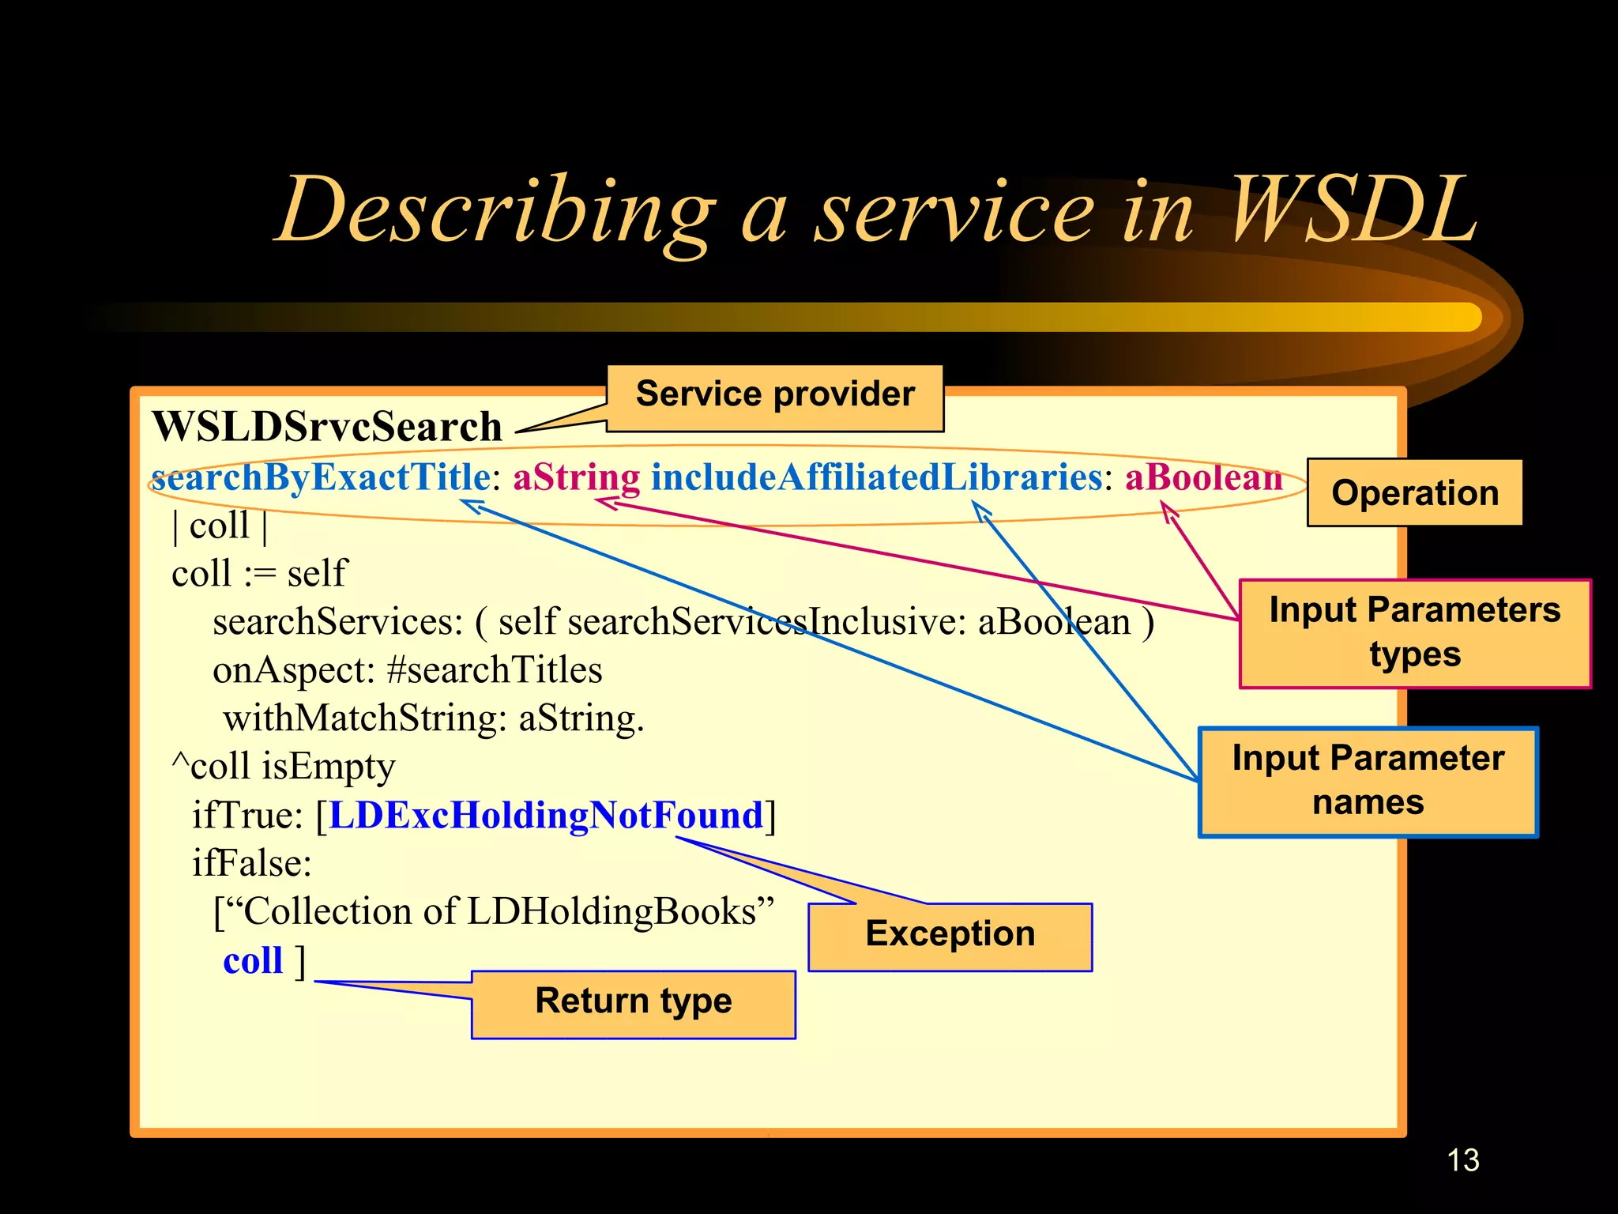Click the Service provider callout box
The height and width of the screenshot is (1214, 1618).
(x=774, y=398)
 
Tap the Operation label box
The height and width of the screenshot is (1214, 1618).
(x=1414, y=493)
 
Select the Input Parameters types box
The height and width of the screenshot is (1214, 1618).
(x=1414, y=633)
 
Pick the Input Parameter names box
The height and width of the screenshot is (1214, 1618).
(x=1368, y=781)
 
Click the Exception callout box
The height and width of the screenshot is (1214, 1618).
(x=950, y=936)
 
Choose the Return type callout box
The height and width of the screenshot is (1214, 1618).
(x=633, y=1002)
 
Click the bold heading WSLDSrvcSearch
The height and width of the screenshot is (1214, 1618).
(x=327, y=428)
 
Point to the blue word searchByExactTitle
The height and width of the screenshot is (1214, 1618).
(x=321, y=477)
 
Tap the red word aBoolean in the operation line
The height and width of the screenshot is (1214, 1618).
(x=1202, y=477)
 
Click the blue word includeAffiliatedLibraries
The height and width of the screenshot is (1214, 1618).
(x=875, y=477)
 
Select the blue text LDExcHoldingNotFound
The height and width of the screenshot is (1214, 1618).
(x=546, y=815)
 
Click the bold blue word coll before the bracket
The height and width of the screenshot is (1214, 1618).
(x=252, y=961)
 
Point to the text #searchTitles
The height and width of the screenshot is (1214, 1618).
(x=495, y=670)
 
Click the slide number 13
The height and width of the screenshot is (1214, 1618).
(x=1462, y=1160)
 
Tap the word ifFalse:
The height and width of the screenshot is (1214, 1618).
(x=251, y=863)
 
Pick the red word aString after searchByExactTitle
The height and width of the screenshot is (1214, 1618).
(x=576, y=477)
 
